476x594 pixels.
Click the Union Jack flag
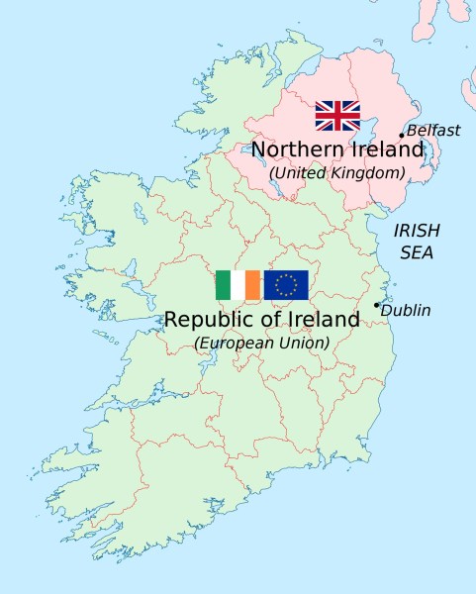click(x=337, y=116)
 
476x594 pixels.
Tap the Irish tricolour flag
click(x=238, y=285)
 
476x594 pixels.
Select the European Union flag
click(x=286, y=285)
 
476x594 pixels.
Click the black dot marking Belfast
click(x=402, y=135)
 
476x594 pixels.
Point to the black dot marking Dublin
click(x=376, y=305)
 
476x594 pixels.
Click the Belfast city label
click(x=433, y=131)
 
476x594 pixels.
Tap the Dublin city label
click(x=406, y=310)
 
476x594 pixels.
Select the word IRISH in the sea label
click(x=417, y=230)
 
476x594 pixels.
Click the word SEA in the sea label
click(x=417, y=251)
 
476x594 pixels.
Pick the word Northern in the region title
click(x=297, y=149)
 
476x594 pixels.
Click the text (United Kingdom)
click(x=337, y=172)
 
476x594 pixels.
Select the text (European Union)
click(x=262, y=343)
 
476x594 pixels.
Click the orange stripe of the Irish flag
click(x=252, y=285)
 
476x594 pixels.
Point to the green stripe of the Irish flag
click(x=223, y=285)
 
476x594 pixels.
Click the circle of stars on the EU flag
click(x=286, y=285)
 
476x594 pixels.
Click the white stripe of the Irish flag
click(x=238, y=285)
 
